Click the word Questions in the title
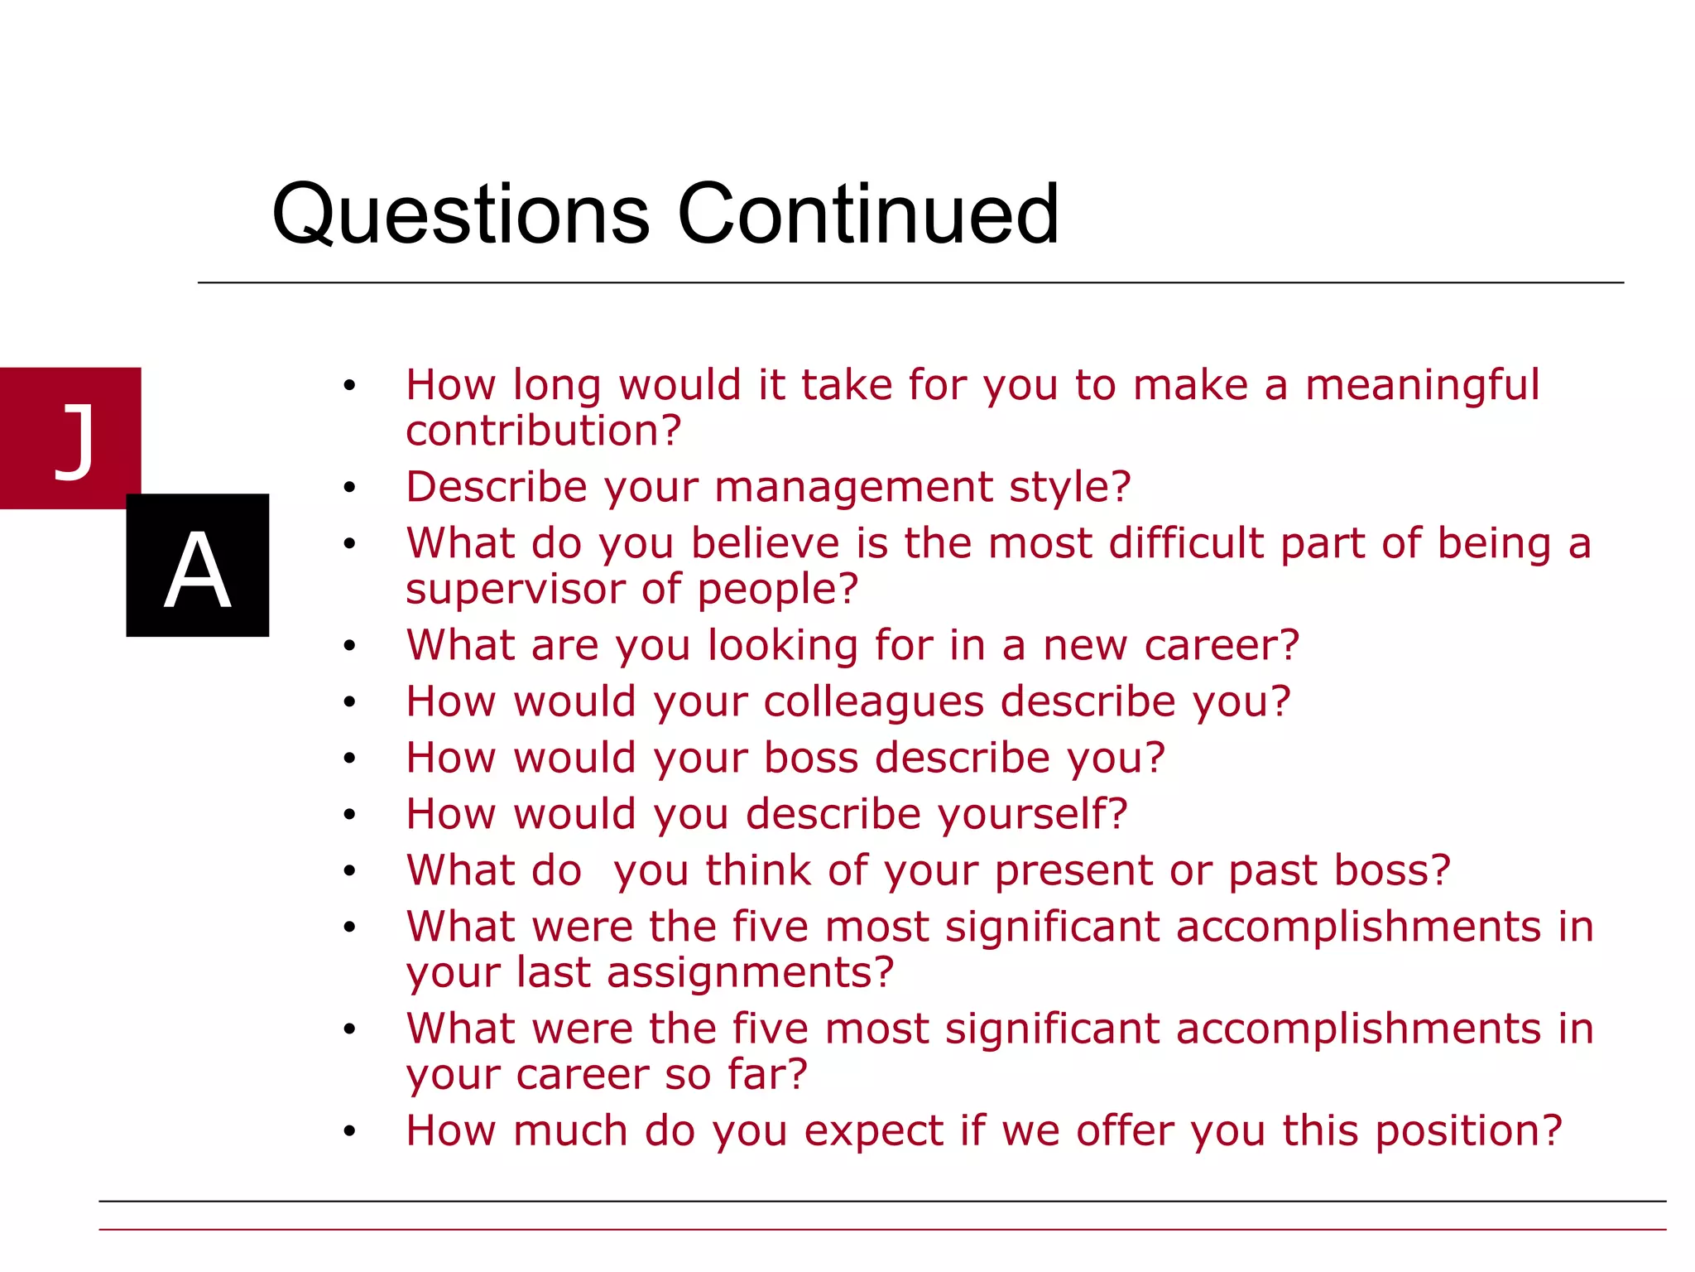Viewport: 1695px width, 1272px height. tap(460, 215)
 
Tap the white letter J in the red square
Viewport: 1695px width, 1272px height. tap(74, 441)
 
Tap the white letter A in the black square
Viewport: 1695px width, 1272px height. tap(197, 570)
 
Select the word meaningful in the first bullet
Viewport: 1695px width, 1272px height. tap(1422, 387)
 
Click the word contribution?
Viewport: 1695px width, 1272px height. tap(543, 431)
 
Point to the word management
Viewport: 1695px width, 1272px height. tap(852, 488)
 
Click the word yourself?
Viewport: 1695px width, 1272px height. tap(1032, 815)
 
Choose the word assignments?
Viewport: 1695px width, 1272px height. tap(751, 973)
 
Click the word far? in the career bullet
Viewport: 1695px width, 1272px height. tap(766, 1075)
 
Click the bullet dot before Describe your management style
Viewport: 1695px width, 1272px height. tap(349, 489)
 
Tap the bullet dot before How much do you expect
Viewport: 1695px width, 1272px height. tap(349, 1131)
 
